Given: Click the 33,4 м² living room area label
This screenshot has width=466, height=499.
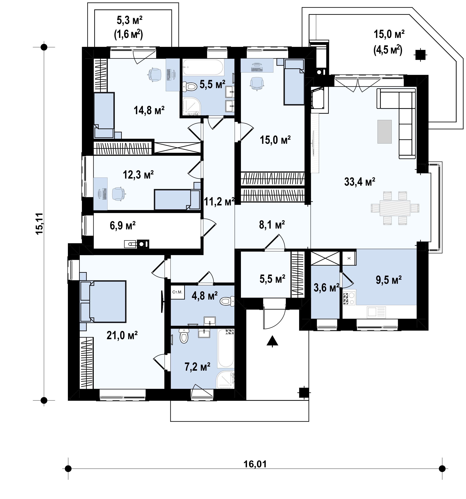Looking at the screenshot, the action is tap(360, 182).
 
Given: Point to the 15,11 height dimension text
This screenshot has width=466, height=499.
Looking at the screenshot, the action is tap(39, 223).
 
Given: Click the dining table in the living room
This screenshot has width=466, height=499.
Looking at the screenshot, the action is tap(395, 208).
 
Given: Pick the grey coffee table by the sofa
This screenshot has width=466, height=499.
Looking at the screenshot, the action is tap(385, 131).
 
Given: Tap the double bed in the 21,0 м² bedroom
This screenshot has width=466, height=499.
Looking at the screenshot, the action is tap(103, 301).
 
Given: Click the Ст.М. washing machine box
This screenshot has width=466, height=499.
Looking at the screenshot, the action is tap(177, 292).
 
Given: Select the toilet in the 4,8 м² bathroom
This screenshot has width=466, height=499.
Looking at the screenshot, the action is tap(227, 301).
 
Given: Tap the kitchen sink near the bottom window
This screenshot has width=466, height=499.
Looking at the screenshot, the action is tap(376, 312).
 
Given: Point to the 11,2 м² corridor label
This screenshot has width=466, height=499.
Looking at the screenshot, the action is tap(219, 201).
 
